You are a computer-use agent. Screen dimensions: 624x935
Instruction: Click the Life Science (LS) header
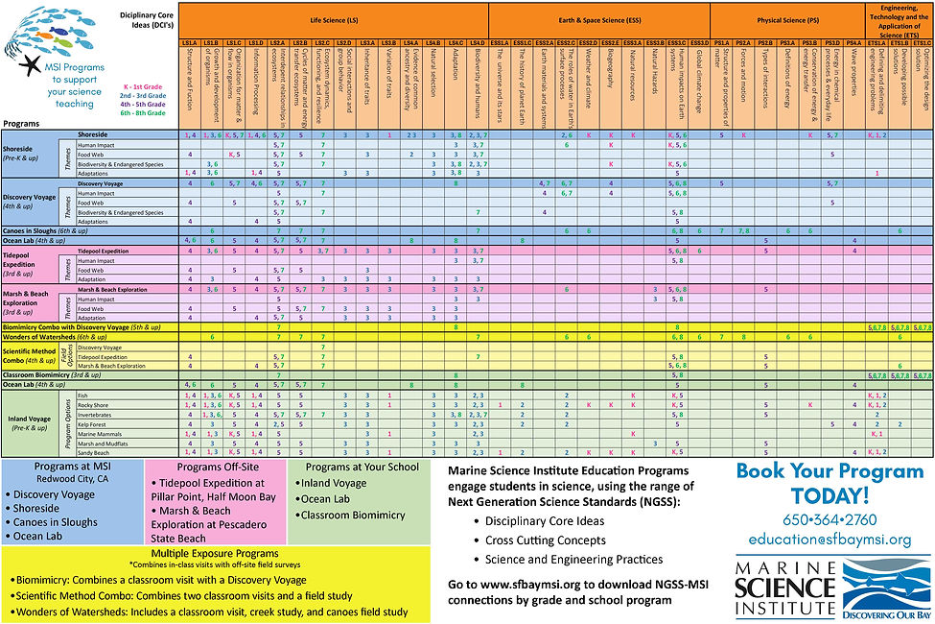click(334, 18)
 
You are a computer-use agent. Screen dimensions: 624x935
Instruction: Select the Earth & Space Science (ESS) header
click(600, 18)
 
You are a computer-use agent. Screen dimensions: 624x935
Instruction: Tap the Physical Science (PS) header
click(787, 18)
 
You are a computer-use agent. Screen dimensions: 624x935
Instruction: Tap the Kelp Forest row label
click(93, 423)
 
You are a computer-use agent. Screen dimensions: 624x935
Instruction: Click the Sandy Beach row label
click(93, 451)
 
